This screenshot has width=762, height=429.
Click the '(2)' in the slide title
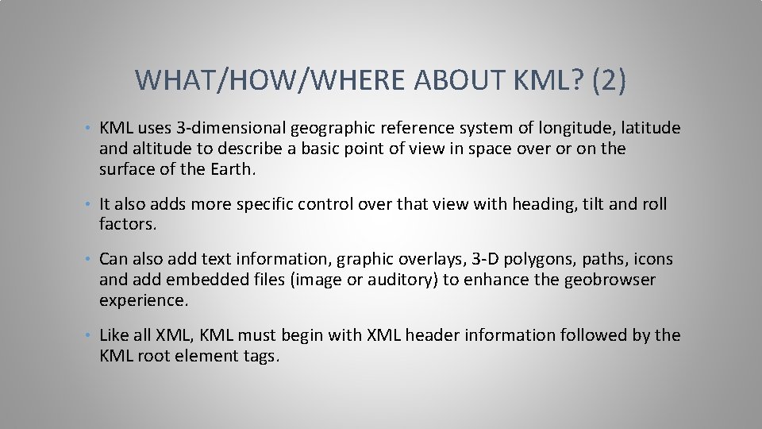(609, 79)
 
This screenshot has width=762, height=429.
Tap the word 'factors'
(127, 225)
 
